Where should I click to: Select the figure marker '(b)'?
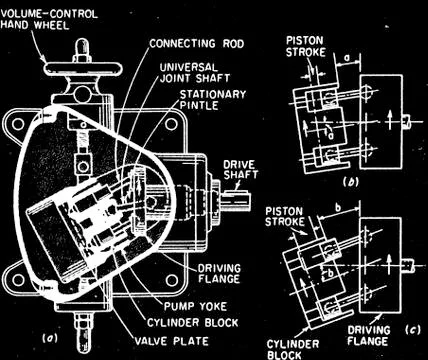[x=349, y=186]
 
